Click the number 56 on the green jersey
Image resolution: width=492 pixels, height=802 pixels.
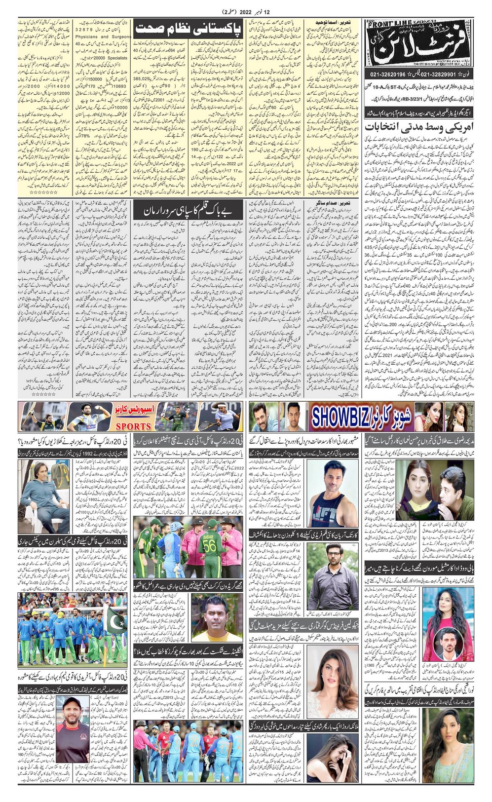(207, 543)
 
